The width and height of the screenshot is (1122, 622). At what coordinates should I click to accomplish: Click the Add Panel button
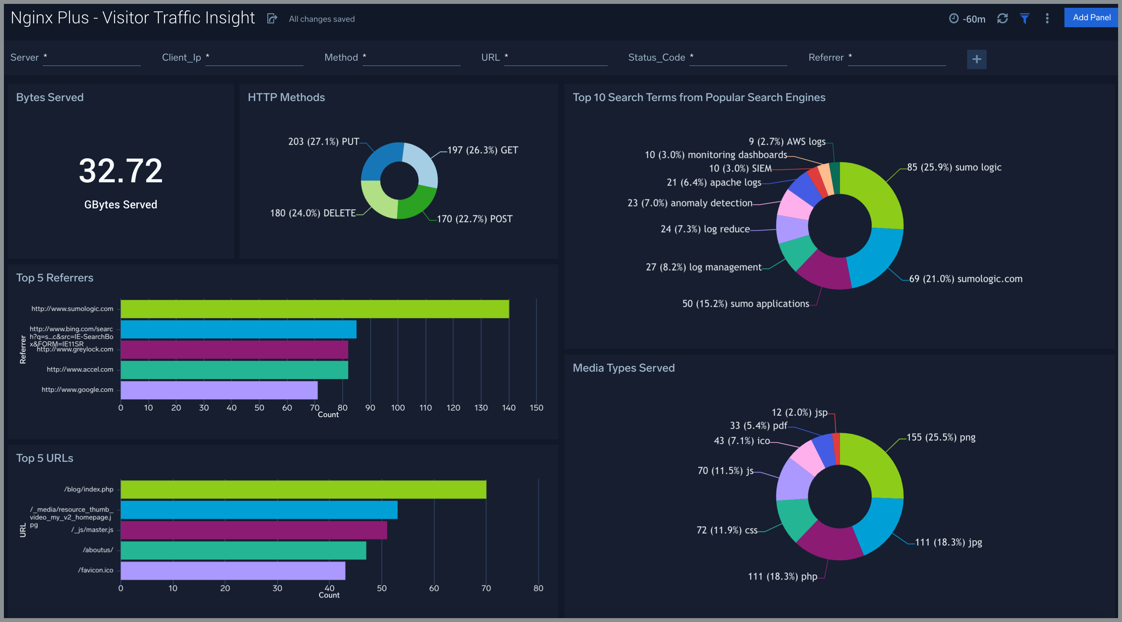(1091, 18)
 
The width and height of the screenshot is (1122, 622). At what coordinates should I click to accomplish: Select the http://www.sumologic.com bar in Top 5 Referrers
(314, 309)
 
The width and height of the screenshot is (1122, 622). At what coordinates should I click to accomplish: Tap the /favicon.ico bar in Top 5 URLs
(233, 571)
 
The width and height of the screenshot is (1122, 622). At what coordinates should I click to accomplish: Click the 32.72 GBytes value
(121, 171)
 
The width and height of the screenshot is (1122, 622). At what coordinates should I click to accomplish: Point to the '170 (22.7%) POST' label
(474, 219)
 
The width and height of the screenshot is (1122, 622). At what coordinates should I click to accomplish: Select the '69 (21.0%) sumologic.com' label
(965, 279)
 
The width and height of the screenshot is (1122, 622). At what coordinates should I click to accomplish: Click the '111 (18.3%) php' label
(782, 577)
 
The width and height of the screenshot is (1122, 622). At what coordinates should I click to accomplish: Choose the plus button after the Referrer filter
(976, 59)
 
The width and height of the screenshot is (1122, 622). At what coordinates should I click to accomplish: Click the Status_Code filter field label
(656, 58)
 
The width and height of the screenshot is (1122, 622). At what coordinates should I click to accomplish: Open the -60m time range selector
(968, 19)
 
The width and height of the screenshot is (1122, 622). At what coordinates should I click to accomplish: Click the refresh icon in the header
(1002, 19)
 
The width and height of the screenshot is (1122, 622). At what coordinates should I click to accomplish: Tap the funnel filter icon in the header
(1024, 19)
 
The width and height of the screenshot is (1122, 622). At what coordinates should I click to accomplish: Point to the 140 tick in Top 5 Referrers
(509, 408)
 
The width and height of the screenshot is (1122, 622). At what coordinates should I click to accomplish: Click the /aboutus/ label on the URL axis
(98, 550)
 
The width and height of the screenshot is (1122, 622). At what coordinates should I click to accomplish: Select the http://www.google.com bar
(219, 390)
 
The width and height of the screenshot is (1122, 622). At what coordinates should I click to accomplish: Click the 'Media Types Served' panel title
(623, 368)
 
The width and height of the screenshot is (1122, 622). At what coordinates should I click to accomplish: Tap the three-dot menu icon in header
(1047, 19)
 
